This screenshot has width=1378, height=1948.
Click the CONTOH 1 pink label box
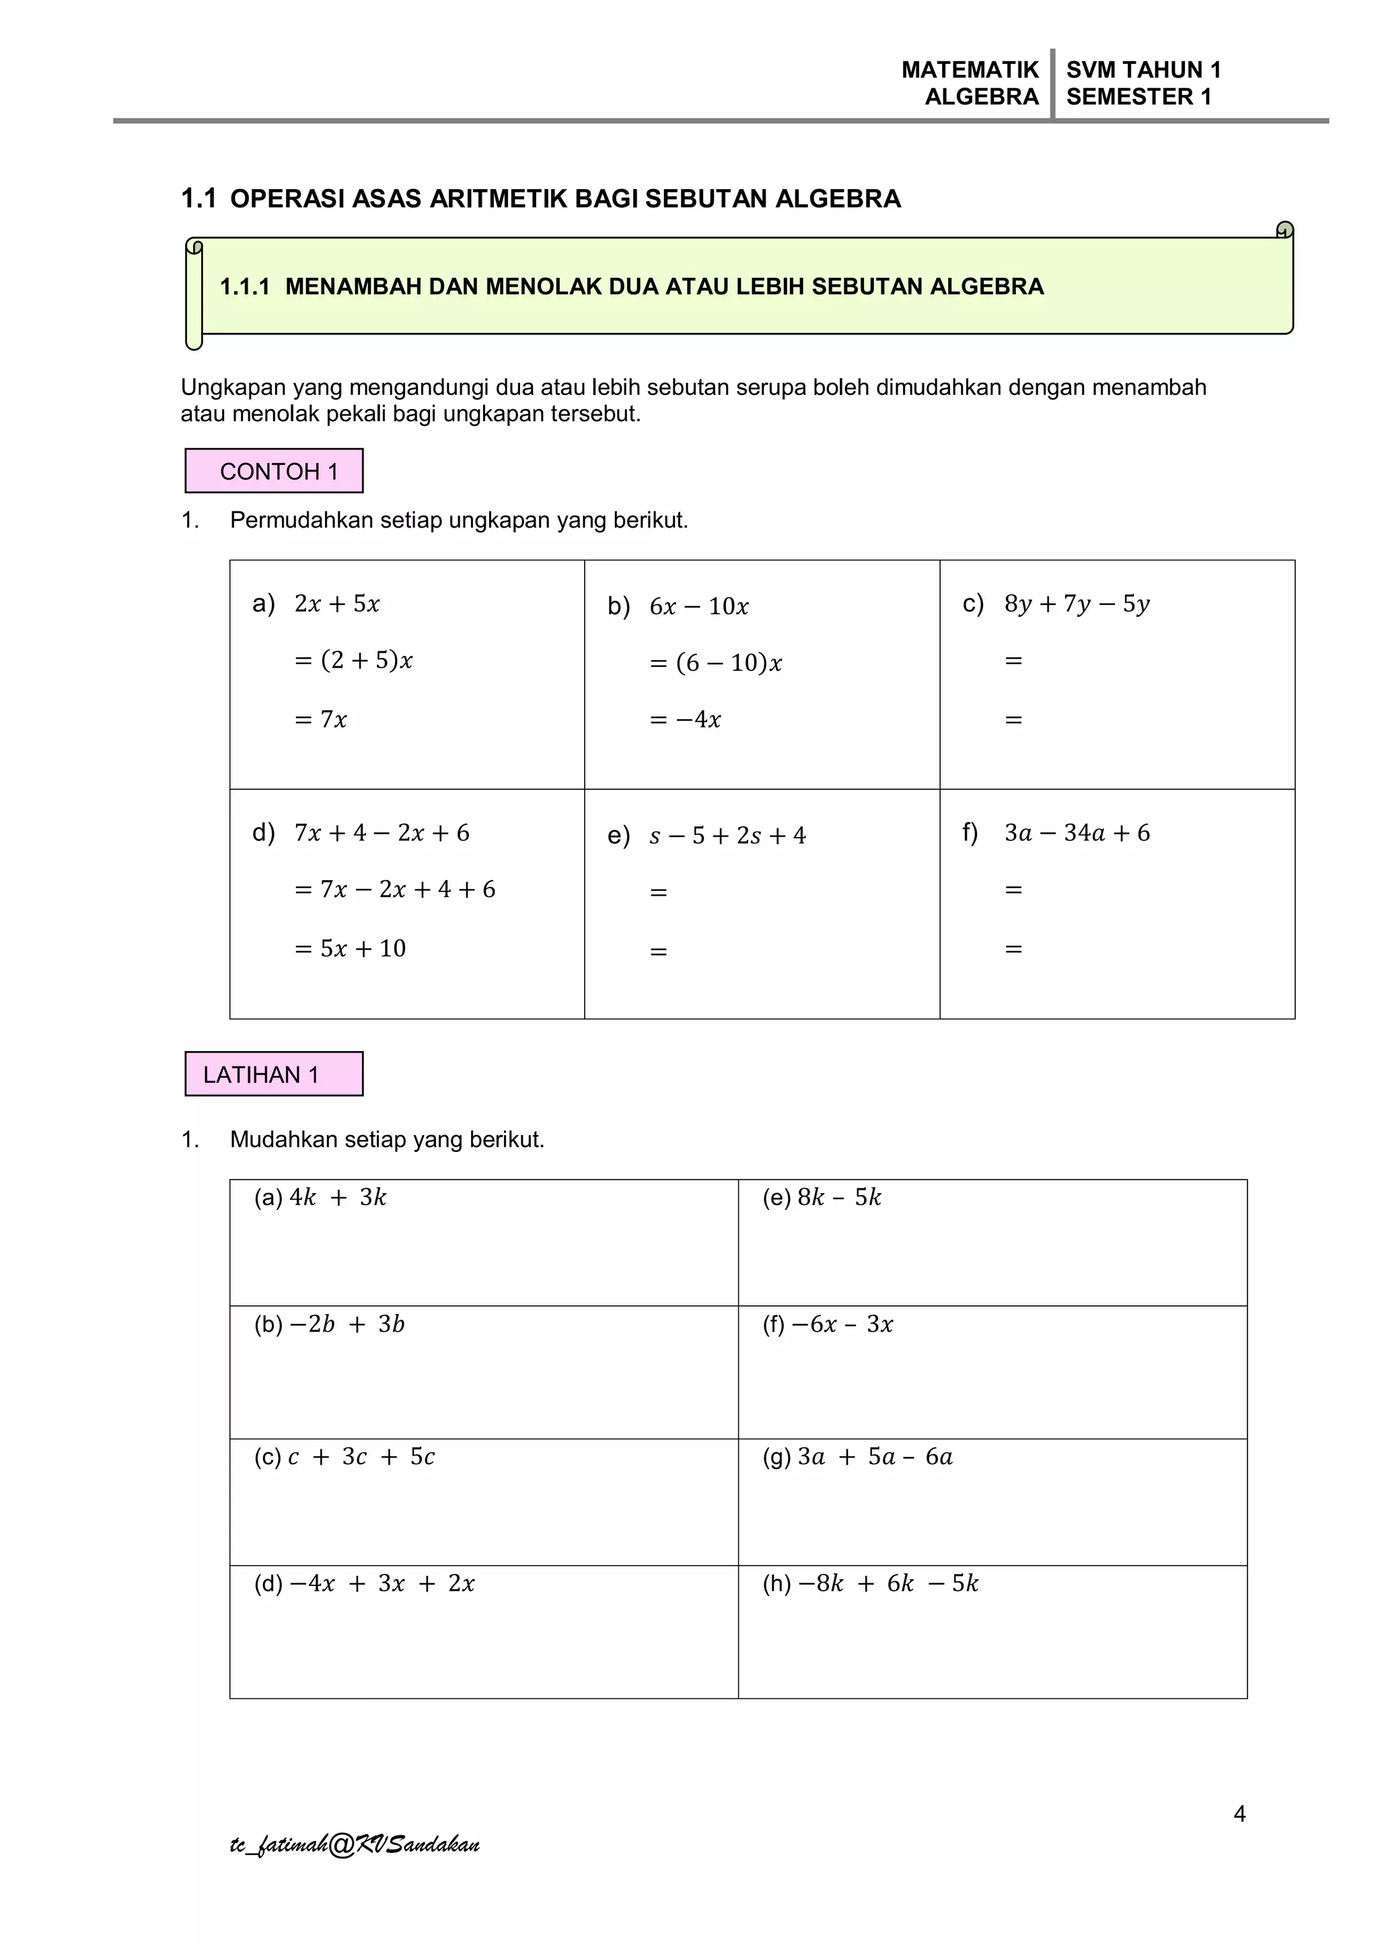274,471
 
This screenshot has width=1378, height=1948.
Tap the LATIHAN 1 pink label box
274,1074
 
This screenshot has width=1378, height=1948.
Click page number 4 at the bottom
1239,1814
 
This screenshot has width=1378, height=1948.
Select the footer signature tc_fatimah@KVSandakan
355,1844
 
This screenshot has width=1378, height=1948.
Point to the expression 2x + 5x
337,604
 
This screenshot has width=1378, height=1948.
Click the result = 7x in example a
321,719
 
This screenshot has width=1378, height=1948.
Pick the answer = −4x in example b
685,719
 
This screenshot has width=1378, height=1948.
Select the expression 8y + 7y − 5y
1077,604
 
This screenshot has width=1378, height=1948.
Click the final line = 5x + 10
351,949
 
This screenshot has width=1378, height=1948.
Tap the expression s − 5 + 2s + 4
727,836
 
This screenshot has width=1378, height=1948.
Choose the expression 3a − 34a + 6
1077,833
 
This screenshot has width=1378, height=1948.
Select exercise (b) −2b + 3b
329,1324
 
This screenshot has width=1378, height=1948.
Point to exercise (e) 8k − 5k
822,1197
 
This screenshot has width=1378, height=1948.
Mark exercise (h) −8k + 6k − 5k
871,1583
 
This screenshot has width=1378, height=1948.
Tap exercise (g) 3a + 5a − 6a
858,1457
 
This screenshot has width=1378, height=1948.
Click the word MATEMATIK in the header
970,69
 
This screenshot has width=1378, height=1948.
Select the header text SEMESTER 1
1138,97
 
